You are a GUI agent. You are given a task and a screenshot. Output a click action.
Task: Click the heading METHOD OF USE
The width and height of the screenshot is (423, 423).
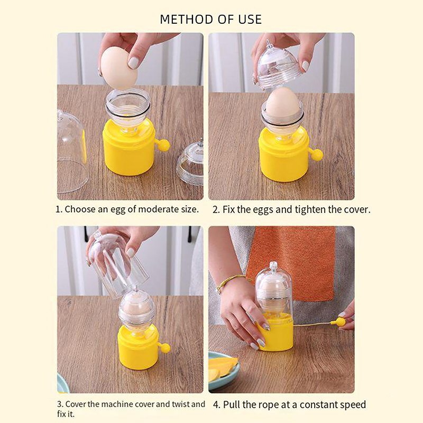(x=210, y=20)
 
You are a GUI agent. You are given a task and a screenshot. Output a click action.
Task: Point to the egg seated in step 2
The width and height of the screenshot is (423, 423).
(x=282, y=104)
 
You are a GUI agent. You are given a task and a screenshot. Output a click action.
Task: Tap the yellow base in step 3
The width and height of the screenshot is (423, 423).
(x=138, y=347)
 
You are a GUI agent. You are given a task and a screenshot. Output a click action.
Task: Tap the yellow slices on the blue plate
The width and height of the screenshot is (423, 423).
(x=222, y=367)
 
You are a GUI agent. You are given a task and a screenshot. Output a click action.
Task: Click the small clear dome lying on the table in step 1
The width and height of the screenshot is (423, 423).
(x=191, y=160)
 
